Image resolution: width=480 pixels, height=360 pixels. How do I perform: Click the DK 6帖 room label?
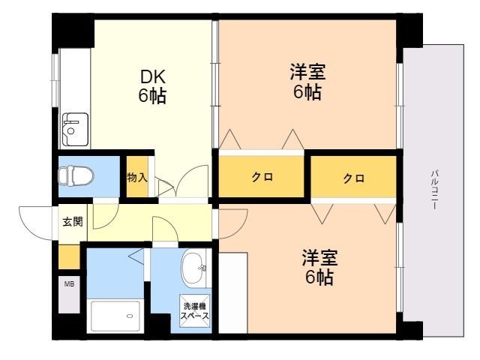(x=152, y=86)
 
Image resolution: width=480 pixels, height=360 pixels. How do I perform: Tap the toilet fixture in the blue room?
(x=76, y=176)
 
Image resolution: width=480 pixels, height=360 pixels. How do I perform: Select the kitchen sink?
(x=75, y=130)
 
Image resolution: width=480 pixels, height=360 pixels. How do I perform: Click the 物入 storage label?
(x=137, y=177)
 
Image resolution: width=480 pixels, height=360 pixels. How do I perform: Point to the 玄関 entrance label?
(x=73, y=221)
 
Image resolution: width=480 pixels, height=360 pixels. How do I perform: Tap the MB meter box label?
(x=69, y=284)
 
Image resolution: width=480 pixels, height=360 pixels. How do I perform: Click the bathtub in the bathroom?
(x=115, y=316)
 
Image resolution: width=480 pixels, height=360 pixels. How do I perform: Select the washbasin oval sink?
(x=193, y=268)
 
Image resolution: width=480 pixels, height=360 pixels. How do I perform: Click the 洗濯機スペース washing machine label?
(x=195, y=310)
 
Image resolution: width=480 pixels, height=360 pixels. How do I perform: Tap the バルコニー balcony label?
(x=434, y=190)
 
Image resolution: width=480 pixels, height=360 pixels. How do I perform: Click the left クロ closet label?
(x=262, y=177)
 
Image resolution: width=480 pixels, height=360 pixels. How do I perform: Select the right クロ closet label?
(x=353, y=178)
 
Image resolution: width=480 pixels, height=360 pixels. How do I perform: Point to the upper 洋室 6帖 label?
(x=307, y=81)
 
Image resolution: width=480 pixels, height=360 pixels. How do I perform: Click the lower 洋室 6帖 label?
(x=319, y=267)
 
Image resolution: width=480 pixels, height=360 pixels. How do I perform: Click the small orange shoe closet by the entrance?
(x=69, y=256)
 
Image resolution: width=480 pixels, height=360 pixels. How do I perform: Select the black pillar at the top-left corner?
(x=73, y=31)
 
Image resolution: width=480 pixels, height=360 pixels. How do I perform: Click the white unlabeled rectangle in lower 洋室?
(x=233, y=292)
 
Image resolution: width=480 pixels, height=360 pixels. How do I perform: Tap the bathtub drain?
(x=130, y=316)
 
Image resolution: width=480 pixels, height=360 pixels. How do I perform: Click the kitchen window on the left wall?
(x=55, y=80)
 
